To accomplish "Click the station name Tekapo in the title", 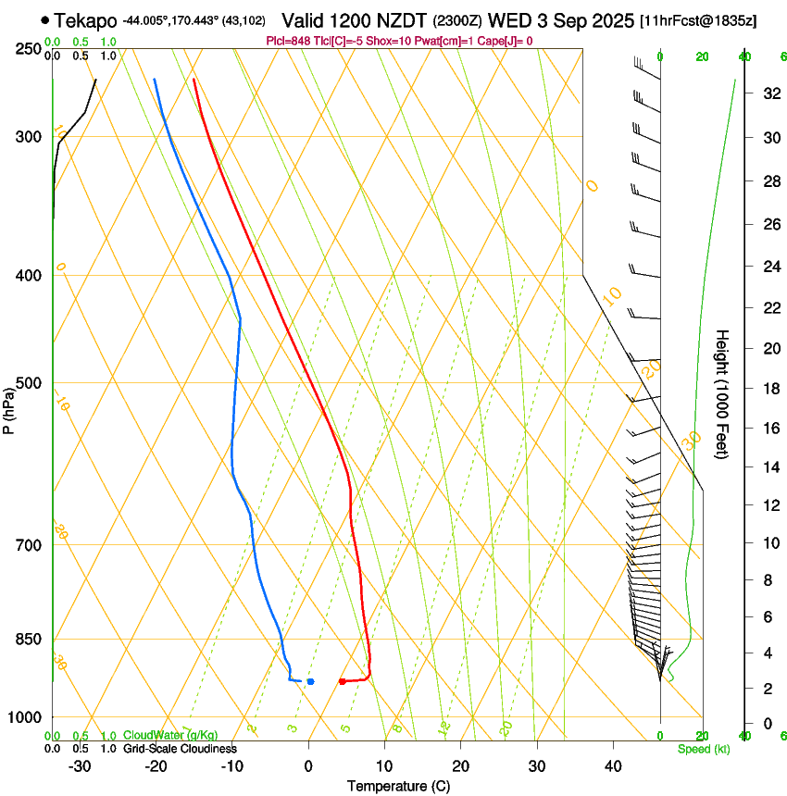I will [x=85, y=20].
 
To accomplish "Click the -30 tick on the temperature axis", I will [x=80, y=766].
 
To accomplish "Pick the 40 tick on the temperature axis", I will [x=612, y=766].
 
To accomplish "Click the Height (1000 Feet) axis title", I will [x=723, y=394].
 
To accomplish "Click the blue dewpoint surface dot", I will [x=310, y=681].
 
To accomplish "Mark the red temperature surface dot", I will [x=343, y=681].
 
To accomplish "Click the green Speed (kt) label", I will [x=704, y=749].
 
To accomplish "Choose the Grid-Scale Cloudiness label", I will [x=180, y=749].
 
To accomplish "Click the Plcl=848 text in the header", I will [x=288, y=41].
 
